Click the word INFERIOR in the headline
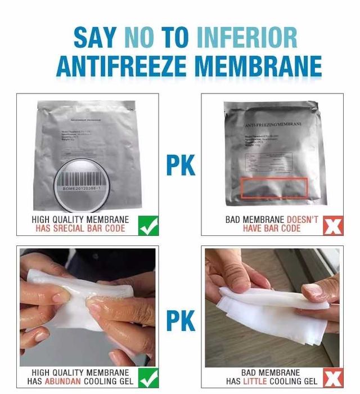(x=248, y=38)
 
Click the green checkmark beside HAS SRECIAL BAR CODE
(x=148, y=225)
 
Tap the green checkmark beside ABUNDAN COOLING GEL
(x=148, y=378)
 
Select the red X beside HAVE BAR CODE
(x=334, y=225)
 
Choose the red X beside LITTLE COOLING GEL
(x=334, y=378)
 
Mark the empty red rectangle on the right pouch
(x=274, y=188)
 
